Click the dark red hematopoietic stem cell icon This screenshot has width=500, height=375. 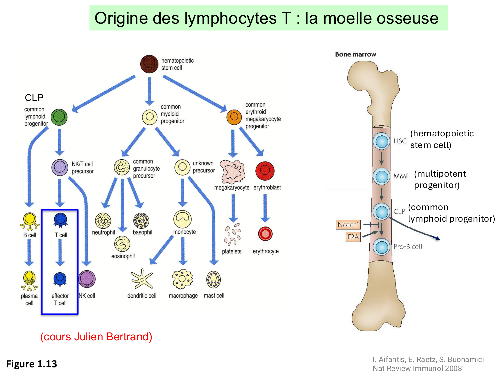tap(149, 64)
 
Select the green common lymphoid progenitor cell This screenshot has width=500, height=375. tap(59, 117)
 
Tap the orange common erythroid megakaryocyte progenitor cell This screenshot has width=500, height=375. tap(234, 117)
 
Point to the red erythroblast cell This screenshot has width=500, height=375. tap(265, 171)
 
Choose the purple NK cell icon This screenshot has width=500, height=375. tap(87, 279)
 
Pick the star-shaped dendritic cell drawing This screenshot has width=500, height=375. tap(142, 279)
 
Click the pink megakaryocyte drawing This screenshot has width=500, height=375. tap(233, 172)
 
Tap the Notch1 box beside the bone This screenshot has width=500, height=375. tap(348, 225)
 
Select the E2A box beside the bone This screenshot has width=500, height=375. tap(353, 237)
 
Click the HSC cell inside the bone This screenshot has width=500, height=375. tap(381, 141)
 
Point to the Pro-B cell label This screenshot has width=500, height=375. tap(408, 247)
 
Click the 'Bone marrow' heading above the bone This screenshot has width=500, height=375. tap(355, 54)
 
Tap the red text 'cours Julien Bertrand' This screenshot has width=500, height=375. tap(96, 337)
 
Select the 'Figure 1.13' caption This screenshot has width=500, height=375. tap(32, 364)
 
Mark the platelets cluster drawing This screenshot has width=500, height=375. tap(232, 235)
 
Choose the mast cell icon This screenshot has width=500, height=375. tap(213, 279)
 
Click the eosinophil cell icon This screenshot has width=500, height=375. tap(122, 244)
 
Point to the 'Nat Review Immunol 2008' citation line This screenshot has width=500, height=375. tap(417, 368)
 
